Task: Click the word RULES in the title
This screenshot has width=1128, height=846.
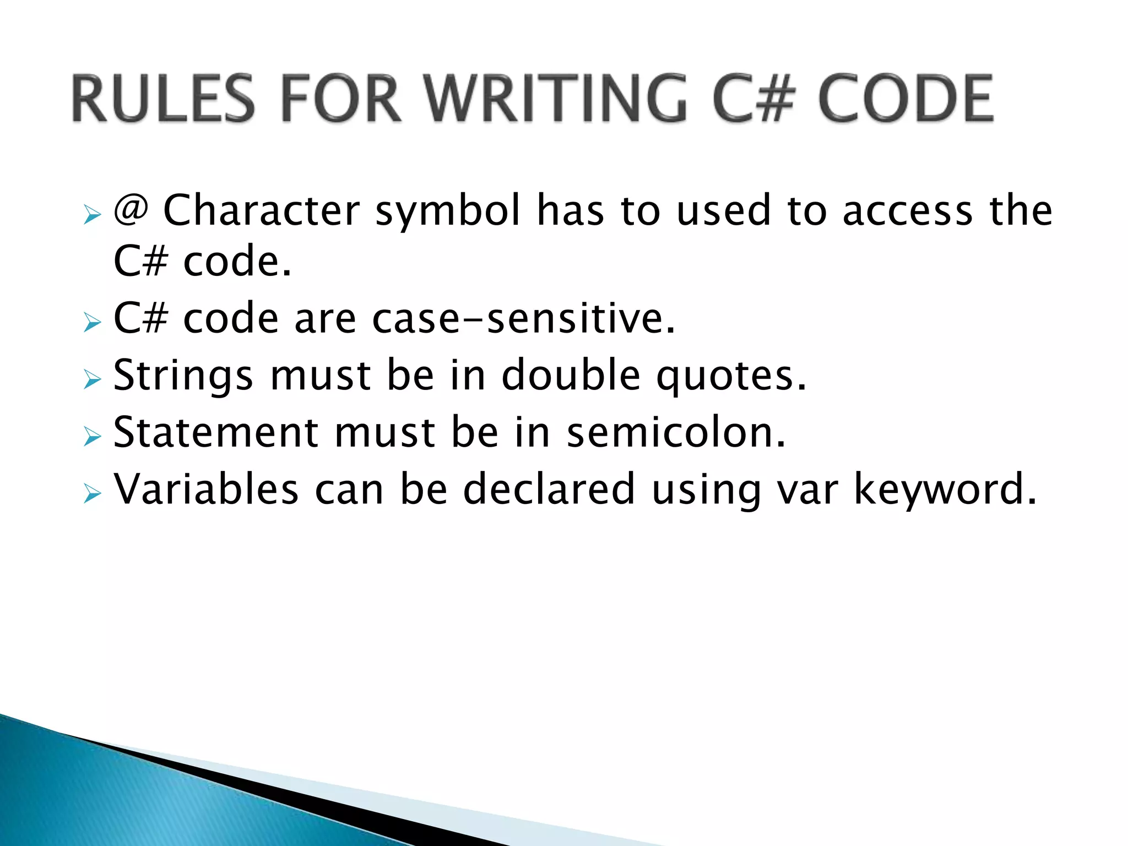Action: click(x=163, y=99)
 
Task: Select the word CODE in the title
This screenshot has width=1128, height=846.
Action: click(x=906, y=99)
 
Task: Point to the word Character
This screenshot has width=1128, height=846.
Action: click(x=262, y=210)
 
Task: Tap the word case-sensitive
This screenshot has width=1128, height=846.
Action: click(x=523, y=319)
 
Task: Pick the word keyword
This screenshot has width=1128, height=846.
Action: click(x=945, y=490)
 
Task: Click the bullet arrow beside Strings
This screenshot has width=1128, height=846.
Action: click(x=93, y=380)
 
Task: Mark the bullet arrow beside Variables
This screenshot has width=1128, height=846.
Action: click(x=93, y=493)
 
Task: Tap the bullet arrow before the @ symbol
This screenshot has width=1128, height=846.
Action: click(x=93, y=215)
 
